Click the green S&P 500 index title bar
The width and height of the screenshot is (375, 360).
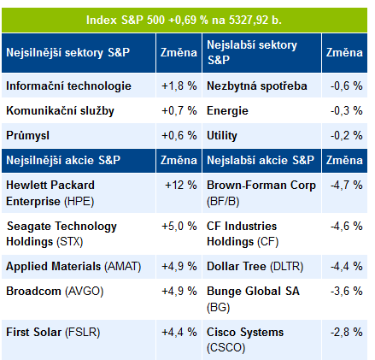(185, 20)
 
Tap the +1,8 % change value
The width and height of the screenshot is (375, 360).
(179, 86)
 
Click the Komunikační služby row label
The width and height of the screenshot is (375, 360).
(60, 110)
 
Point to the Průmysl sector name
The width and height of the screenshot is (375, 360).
(27, 135)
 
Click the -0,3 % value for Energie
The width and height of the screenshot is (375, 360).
(346, 110)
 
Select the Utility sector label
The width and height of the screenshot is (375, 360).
(222, 135)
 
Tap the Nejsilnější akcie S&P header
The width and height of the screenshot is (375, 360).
(63, 160)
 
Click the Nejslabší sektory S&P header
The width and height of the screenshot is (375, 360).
(252, 52)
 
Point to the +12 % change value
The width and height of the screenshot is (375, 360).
(181, 185)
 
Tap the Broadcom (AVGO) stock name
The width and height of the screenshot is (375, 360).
(55, 292)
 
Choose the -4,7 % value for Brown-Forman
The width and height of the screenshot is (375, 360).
(346, 185)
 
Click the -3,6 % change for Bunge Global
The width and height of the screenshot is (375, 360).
(346, 292)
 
